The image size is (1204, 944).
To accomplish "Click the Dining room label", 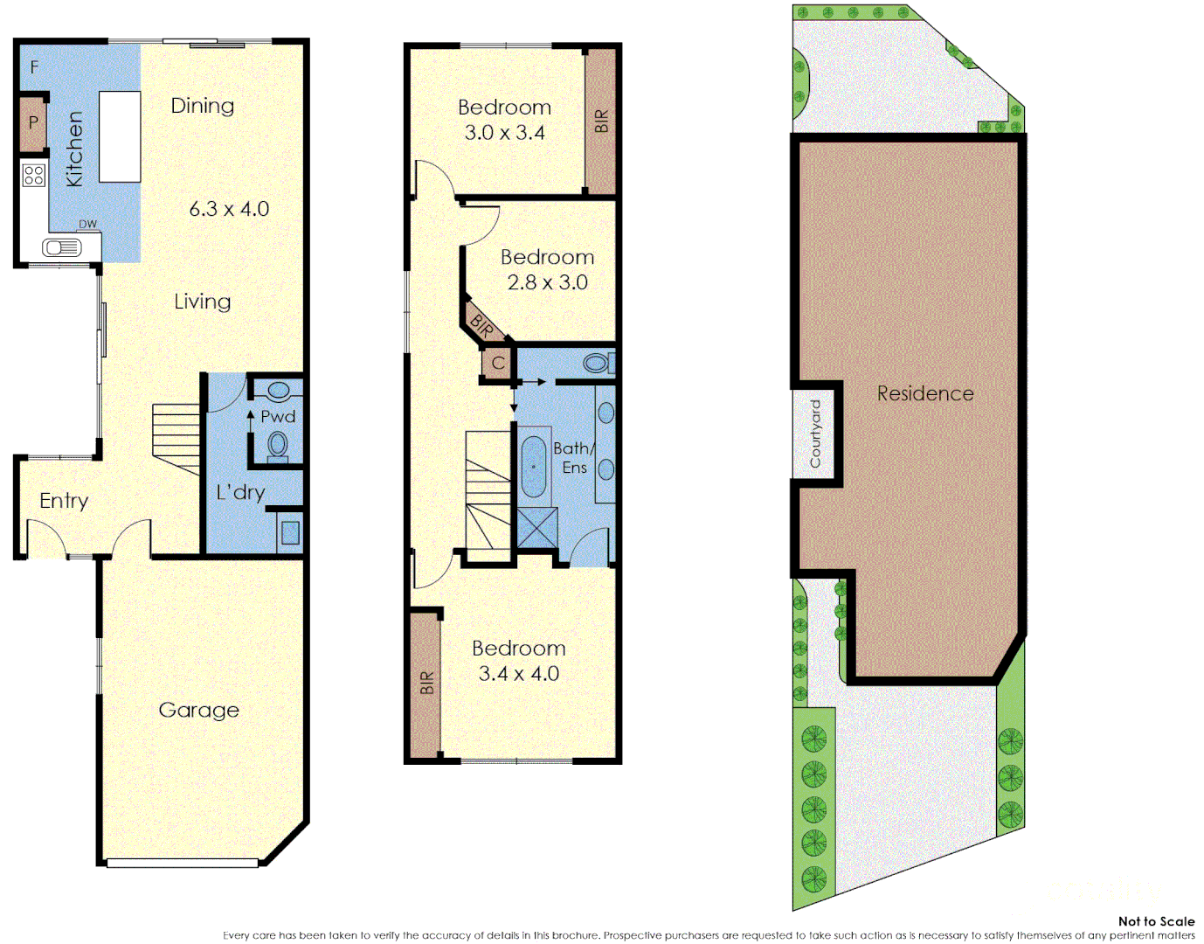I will pyautogui.click(x=203, y=106).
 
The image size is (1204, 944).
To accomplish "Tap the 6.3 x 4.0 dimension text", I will pyautogui.click(x=229, y=209).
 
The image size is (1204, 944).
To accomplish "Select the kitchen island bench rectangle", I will pyautogui.click(x=120, y=136).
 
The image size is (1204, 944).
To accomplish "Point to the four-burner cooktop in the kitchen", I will pyautogui.click(x=34, y=175).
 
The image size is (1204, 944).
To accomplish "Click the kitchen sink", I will pyautogui.click(x=61, y=247).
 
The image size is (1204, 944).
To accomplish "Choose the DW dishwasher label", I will pyautogui.click(x=88, y=225).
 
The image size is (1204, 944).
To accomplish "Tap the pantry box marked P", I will pyautogui.click(x=33, y=122).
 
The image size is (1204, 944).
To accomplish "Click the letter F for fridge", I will pyautogui.click(x=35, y=66).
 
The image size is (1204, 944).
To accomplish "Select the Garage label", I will pyautogui.click(x=198, y=710).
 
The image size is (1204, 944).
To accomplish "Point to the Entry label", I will pyautogui.click(x=64, y=501).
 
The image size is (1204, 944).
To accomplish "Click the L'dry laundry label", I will pyautogui.click(x=240, y=492).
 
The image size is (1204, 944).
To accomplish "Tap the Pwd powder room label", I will pyautogui.click(x=278, y=417).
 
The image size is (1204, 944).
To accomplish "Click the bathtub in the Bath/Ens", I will pyautogui.click(x=533, y=467).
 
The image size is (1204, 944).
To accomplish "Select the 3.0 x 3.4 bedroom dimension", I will pyautogui.click(x=504, y=133).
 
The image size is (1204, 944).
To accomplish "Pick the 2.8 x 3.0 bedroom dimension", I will pyautogui.click(x=547, y=282).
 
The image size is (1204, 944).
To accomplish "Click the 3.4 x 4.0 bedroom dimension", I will pyautogui.click(x=518, y=674).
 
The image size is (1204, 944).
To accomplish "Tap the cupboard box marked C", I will pyautogui.click(x=498, y=363).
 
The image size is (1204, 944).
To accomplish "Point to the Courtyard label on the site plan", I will pyautogui.click(x=815, y=434).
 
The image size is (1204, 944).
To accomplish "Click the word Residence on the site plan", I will pyautogui.click(x=925, y=393).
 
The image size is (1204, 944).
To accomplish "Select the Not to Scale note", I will pyautogui.click(x=1156, y=921).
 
